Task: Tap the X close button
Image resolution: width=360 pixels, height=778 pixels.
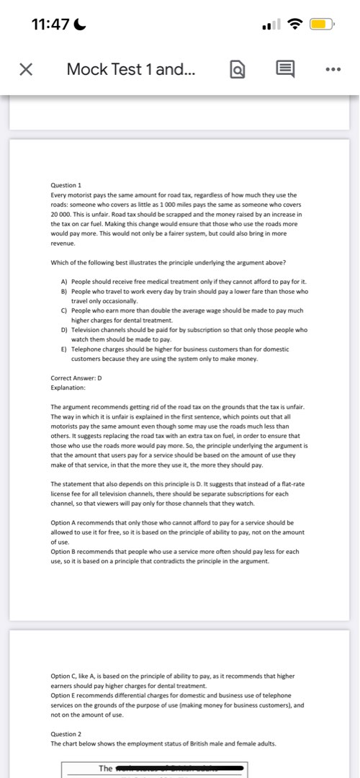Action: [x=24, y=69]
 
